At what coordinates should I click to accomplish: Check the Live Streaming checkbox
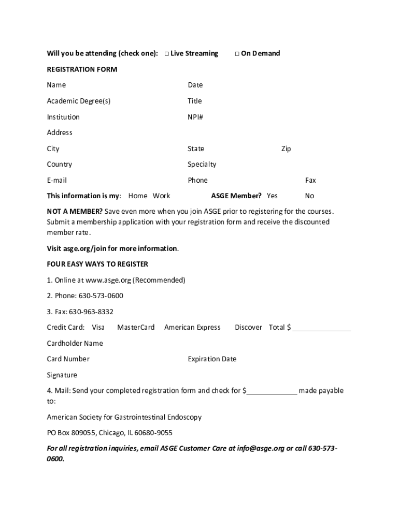pyautogui.click(x=167, y=53)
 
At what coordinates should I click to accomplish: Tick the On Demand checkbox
pyautogui.click(x=237, y=53)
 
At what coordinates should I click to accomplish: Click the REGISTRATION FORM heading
pyautogui.click(x=82, y=69)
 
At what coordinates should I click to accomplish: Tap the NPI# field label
pyautogui.click(x=195, y=117)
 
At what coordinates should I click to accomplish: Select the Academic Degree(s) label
pyautogui.click(x=78, y=101)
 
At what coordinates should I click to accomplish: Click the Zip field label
pyautogui.click(x=286, y=149)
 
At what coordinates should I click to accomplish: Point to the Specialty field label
pyautogui.click(x=202, y=165)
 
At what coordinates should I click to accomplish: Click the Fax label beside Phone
pyautogui.click(x=310, y=180)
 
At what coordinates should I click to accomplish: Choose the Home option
pyautogui.click(x=138, y=196)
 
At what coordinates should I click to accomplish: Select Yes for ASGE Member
pyautogui.click(x=272, y=196)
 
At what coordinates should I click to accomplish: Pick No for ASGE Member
pyautogui.click(x=309, y=196)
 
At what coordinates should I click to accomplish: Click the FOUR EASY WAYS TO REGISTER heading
pyautogui.click(x=97, y=264)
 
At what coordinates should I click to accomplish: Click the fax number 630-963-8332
pyautogui.click(x=91, y=312)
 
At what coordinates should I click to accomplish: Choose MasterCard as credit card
pyautogui.click(x=136, y=327)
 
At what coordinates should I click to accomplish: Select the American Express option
pyautogui.click(x=192, y=327)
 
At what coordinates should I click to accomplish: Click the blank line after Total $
pyautogui.click(x=322, y=328)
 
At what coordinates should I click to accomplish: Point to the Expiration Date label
pyautogui.click(x=212, y=359)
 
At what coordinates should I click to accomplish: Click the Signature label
pyautogui.click(x=62, y=375)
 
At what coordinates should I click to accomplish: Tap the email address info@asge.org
pyautogui.click(x=261, y=448)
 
